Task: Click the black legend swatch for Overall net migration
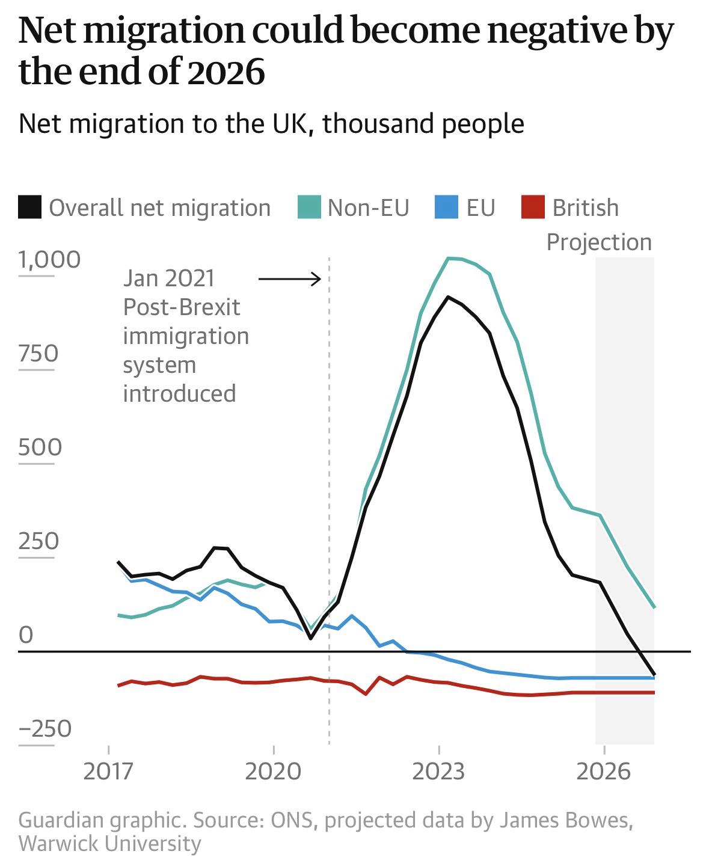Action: pos(30,207)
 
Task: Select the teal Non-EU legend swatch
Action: pos(310,207)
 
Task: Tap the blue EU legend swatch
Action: pos(446,207)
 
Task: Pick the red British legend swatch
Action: pos(532,207)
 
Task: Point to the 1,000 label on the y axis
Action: pos(49,259)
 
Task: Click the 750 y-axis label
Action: pos(38,353)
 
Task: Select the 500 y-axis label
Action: pos(40,447)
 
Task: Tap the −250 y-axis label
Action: pos(45,728)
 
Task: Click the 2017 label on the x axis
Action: pos(108,770)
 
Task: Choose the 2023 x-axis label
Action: pos(439,770)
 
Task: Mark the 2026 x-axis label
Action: pos(604,770)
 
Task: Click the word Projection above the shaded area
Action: pos(599,242)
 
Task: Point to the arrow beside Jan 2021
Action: pos(290,278)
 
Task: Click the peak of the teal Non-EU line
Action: pos(449,258)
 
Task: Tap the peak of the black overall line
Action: pos(448,296)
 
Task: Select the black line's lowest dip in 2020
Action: pos(310,638)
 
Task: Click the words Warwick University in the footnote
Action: pos(110,843)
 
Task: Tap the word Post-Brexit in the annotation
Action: pos(182,307)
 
